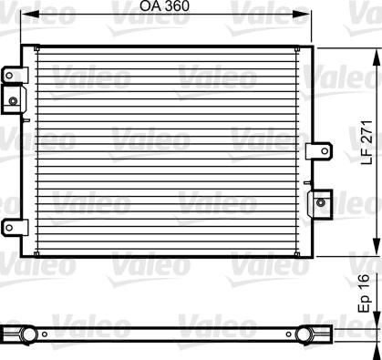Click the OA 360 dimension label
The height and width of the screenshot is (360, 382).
tap(164, 6)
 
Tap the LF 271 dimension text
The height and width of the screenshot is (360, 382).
tap(367, 143)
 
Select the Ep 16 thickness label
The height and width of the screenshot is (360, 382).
tap(364, 293)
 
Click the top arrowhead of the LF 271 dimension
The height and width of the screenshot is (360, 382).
tap(377, 57)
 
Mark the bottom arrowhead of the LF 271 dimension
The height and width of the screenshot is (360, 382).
tap(377, 247)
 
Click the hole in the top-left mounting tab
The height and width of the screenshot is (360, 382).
tap(9, 75)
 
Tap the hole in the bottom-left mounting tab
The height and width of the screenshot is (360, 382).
tap(9, 228)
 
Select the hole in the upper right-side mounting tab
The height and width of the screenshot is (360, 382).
tap(325, 150)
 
